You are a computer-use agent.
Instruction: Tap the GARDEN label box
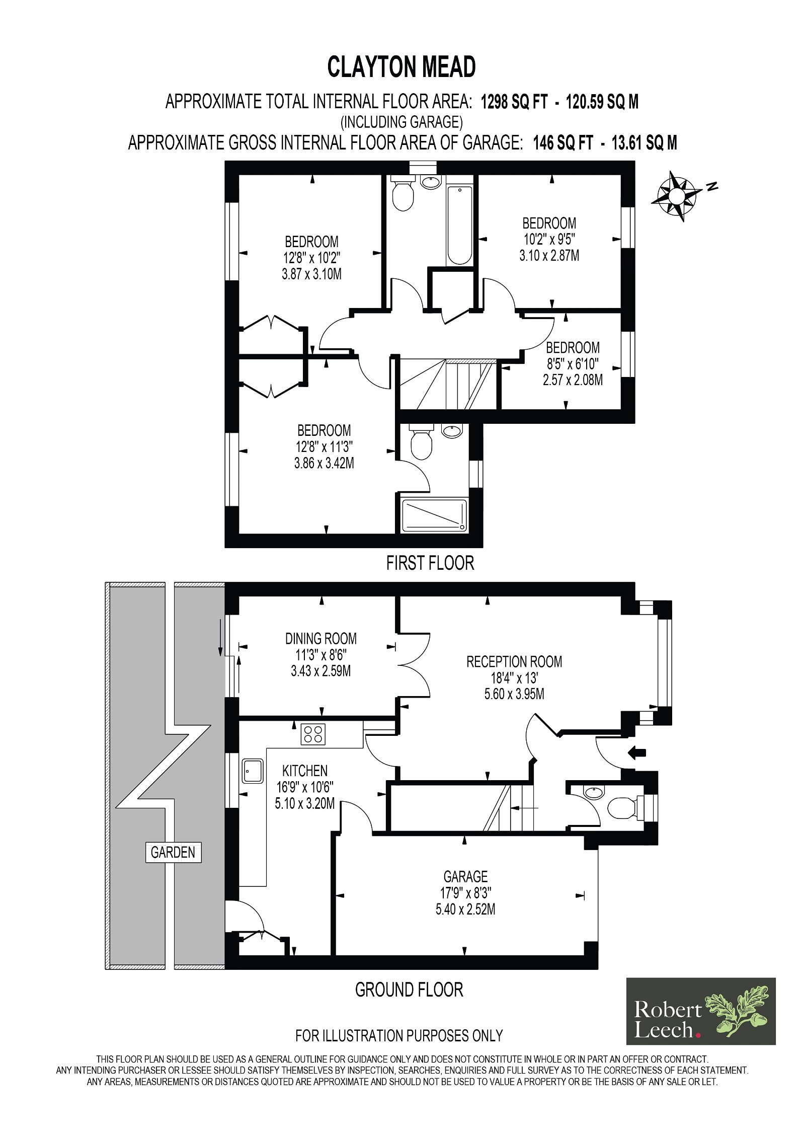(173, 852)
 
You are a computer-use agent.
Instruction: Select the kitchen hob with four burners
(313, 734)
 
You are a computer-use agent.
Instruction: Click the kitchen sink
(253, 771)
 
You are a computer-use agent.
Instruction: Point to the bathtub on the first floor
(459, 225)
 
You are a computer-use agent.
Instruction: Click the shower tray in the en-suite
(435, 515)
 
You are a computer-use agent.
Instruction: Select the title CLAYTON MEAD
(401, 67)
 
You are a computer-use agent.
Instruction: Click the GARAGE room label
(465, 877)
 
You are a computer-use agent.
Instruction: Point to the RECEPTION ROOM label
(514, 661)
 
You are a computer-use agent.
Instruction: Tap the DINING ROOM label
(321, 639)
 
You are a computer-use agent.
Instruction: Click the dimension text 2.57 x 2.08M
(573, 379)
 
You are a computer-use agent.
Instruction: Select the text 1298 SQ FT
(514, 102)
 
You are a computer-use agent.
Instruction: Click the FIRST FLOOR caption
(430, 563)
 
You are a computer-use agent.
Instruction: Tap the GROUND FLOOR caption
(409, 990)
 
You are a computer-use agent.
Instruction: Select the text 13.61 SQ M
(644, 143)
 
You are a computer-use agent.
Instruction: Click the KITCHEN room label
(305, 771)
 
